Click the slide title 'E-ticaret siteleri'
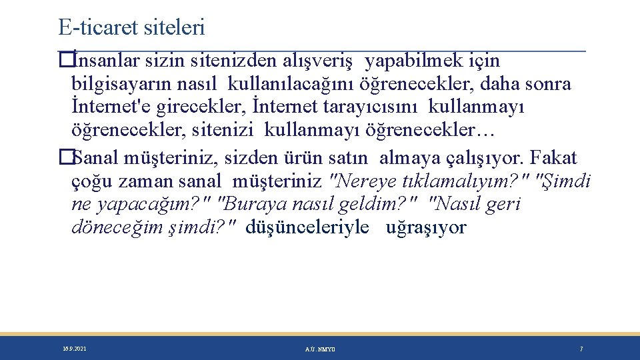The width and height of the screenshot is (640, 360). point(131,27)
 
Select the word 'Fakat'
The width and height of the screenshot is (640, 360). point(555,158)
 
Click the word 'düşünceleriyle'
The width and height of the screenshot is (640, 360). point(307,227)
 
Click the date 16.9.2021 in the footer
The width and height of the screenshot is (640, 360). point(74,349)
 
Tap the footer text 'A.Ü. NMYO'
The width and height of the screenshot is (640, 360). point(320,349)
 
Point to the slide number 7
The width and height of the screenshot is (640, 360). point(581,349)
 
